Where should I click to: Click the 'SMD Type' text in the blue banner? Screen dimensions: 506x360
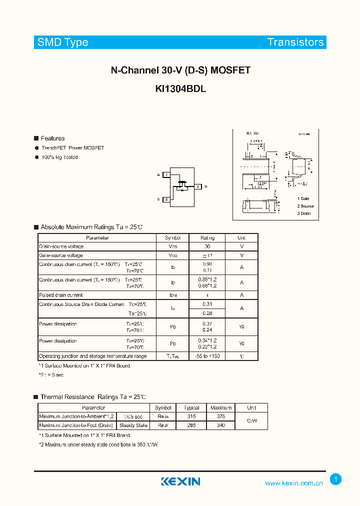[62, 42]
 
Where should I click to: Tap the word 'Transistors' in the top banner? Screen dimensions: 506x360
[295, 42]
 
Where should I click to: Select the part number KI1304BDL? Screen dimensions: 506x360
[180, 89]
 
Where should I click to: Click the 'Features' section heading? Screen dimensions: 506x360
[52, 138]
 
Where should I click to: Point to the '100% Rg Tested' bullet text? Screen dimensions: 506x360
[59, 157]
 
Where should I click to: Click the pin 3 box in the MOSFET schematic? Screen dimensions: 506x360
[198, 187]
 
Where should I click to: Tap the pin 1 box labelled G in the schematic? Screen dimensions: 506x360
[166, 174]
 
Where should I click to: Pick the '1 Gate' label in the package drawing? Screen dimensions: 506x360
[303, 199]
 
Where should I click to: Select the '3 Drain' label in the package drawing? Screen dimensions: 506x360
[304, 213]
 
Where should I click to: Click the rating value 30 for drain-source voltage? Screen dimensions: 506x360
[207, 246]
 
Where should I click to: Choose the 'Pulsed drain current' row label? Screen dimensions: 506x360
[61, 295]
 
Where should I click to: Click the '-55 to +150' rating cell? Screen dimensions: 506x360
[207, 356]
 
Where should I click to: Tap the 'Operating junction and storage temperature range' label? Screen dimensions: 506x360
[93, 356]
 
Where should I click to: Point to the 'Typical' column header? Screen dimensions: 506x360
[191, 408]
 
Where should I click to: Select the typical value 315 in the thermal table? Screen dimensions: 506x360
[191, 416]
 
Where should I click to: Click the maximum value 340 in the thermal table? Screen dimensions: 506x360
[221, 425]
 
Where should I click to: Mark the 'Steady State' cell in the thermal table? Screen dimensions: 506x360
[133, 425]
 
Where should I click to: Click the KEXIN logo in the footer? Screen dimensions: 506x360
[180, 481]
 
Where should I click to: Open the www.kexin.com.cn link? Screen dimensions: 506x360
[294, 483]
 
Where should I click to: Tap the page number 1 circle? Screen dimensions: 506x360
[336, 479]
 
